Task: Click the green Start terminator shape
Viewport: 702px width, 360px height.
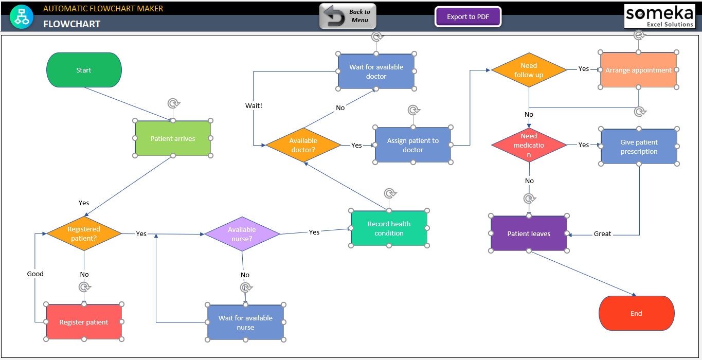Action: pyautogui.click(x=84, y=70)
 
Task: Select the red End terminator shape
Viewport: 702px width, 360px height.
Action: pyautogui.click(x=636, y=313)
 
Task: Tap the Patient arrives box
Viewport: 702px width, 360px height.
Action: pyautogui.click(x=173, y=138)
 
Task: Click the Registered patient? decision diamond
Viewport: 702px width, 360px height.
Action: pyautogui.click(x=84, y=234)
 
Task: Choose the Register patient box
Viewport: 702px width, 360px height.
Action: pyautogui.click(x=84, y=322)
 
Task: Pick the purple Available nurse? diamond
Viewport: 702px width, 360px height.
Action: pyautogui.click(x=242, y=234)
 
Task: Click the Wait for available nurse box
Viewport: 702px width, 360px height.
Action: pyautogui.click(x=245, y=322)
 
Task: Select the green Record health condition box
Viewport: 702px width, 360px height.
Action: pyautogui.click(x=389, y=228)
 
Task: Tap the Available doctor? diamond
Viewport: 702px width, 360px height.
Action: pyautogui.click(x=303, y=145)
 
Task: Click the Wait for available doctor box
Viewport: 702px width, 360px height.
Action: pyautogui.click(x=376, y=71)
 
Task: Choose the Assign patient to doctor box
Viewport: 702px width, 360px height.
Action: pyautogui.click(x=412, y=145)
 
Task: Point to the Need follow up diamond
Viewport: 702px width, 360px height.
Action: pyautogui.click(x=529, y=70)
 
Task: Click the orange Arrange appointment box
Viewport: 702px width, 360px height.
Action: pyautogui.click(x=638, y=70)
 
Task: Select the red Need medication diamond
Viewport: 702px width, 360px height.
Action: pyautogui.click(x=529, y=145)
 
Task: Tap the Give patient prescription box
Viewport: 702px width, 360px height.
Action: pyautogui.click(x=639, y=147)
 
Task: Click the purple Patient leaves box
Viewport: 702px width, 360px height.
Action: pyautogui.click(x=529, y=233)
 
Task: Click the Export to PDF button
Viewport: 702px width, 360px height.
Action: pyautogui.click(x=467, y=17)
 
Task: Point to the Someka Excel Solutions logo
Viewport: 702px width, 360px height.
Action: pyautogui.click(x=659, y=16)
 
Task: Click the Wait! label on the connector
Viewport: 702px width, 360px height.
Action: pyautogui.click(x=254, y=105)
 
